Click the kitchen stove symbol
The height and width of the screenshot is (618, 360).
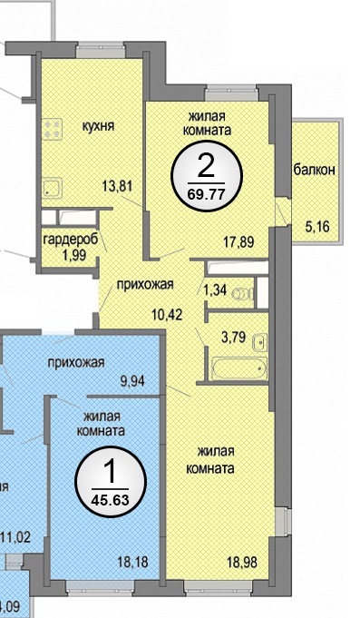(53, 129)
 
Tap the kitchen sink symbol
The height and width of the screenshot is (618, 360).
(52, 189)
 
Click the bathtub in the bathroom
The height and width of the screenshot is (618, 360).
(239, 368)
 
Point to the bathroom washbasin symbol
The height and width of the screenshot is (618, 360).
(260, 341)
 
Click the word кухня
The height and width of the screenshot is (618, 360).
(98, 126)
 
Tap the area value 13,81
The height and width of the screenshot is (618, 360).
(117, 185)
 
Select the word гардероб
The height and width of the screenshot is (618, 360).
(71, 240)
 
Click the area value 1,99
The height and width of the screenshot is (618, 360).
(74, 255)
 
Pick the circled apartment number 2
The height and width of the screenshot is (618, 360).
(207, 168)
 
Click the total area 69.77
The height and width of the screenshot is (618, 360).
(207, 194)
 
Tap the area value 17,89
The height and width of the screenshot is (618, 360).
(238, 241)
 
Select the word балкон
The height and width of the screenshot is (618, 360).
(315, 170)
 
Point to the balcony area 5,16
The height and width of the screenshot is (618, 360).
(317, 227)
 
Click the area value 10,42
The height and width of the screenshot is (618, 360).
(167, 315)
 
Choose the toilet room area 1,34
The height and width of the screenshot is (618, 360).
(215, 290)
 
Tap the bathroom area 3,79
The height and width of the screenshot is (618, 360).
(234, 338)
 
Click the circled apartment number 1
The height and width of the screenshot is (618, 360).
(111, 472)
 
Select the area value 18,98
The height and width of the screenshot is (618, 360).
(242, 563)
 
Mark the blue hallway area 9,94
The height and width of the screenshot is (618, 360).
(132, 381)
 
